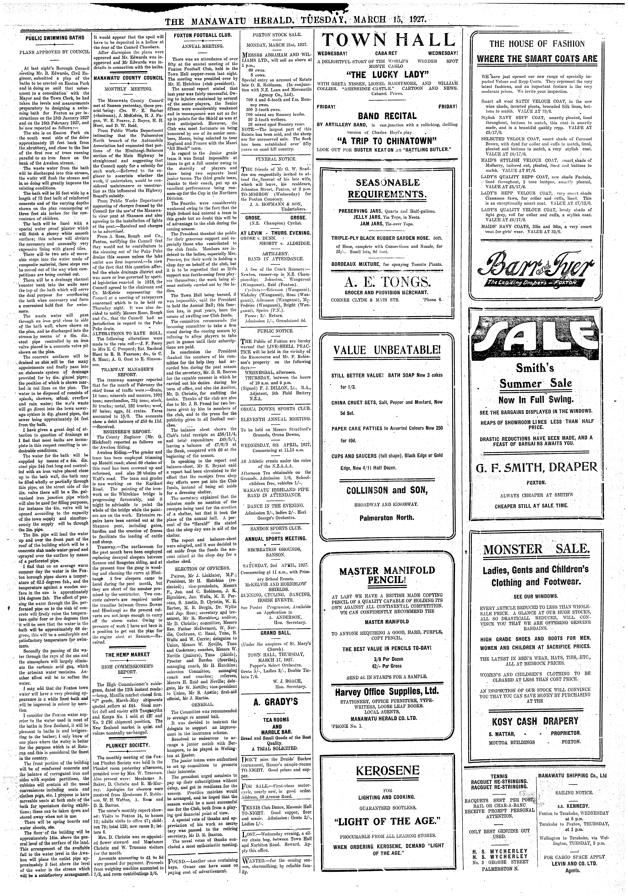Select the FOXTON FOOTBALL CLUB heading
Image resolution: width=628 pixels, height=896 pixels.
point(202,35)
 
